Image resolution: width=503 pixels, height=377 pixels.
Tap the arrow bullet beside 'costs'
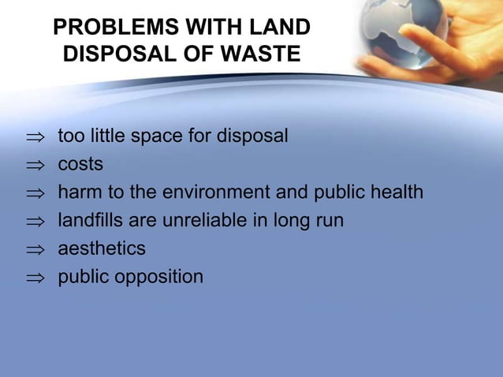point(33,166)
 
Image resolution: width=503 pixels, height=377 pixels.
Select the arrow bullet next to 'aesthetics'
point(33,250)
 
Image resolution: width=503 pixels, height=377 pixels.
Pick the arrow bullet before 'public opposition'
point(33,278)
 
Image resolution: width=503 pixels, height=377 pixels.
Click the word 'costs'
point(80,166)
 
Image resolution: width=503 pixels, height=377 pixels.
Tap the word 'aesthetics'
point(102,249)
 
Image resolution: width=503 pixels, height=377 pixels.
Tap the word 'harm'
point(77,193)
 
